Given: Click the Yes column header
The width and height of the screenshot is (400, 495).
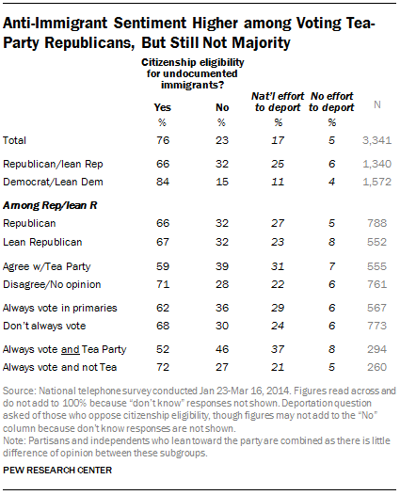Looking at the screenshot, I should pyautogui.click(x=162, y=107).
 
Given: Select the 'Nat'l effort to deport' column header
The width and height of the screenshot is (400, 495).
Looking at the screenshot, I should pyautogui.click(x=278, y=101).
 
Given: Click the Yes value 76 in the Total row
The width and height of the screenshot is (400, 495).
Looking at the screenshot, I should pyautogui.click(x=162, y=140).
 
